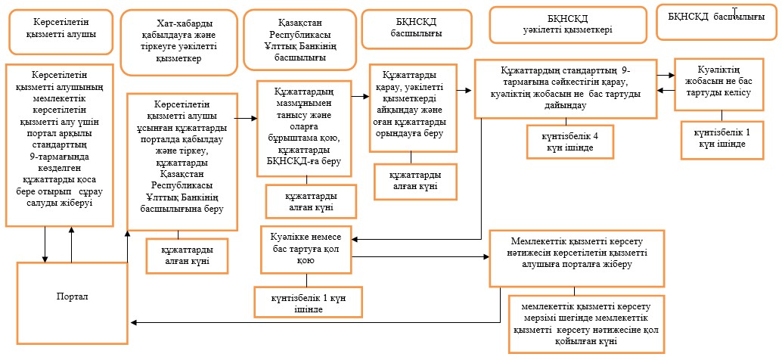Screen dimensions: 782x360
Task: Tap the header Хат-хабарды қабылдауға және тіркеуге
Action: (179, 42)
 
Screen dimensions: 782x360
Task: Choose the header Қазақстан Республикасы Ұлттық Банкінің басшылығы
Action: (300, 39)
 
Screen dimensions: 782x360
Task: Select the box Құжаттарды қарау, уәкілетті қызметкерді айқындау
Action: (413, 107)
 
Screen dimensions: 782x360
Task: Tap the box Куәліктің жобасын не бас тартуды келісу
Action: (719, 84)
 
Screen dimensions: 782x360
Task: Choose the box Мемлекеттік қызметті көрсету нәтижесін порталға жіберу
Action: (577, 258)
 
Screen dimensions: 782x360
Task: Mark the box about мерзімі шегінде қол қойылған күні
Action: (586, 323)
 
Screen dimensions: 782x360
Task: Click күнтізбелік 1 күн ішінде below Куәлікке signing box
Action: (308, 303)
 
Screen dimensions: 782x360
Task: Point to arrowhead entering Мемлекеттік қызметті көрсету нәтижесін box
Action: (487, 257)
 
